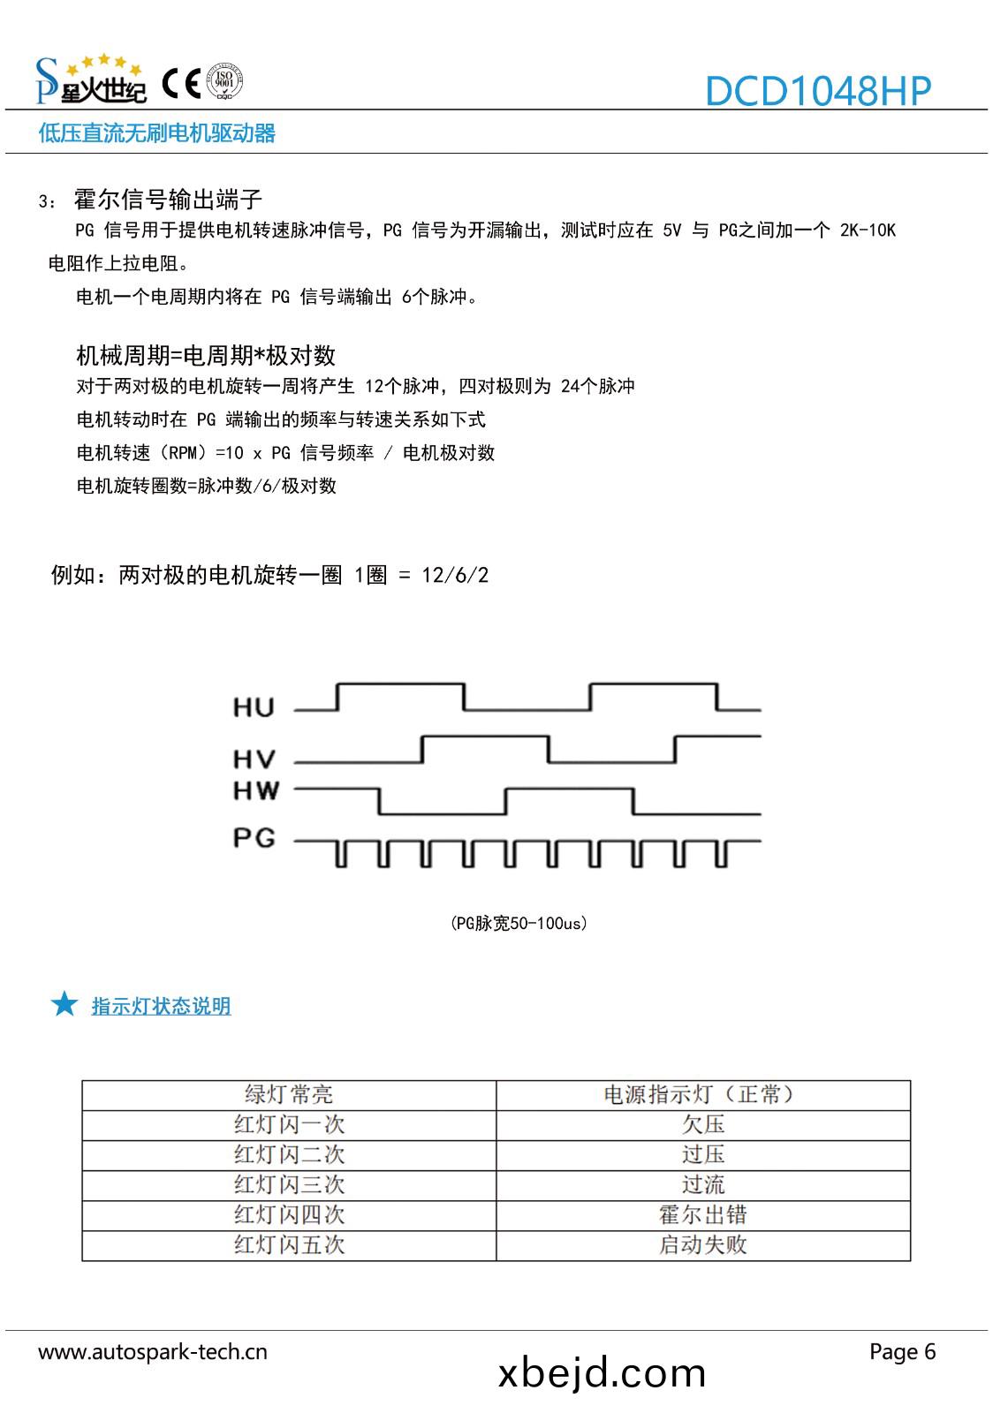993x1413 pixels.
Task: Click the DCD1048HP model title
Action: [817, 91]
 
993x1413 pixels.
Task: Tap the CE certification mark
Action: [183, 84]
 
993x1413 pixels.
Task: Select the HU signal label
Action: [254, 706]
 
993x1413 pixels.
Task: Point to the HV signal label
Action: [254, 759]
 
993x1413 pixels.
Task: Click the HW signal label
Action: [255, 790]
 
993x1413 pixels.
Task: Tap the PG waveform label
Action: [254, 837]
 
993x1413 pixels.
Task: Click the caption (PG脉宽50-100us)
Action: [519, 923]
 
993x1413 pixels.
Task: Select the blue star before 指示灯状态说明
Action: [64, 1004]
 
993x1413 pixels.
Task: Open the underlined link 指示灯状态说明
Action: [161, 1006]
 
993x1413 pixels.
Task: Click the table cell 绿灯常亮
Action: [289, 1095]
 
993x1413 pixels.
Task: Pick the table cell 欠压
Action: [703, 1124]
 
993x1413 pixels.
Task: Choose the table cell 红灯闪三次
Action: [289, 1184]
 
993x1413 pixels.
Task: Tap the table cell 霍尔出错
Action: [703, 1214]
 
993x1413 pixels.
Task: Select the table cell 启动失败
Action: [703, 1244]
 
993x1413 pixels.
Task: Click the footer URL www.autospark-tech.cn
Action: [152, 1351]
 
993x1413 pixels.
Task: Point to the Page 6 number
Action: [902, 1351]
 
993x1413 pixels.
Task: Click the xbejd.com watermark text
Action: [602, 1373]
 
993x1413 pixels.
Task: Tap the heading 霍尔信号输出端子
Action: [168, 199]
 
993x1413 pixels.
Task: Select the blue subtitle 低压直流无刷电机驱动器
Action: [157, 133]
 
